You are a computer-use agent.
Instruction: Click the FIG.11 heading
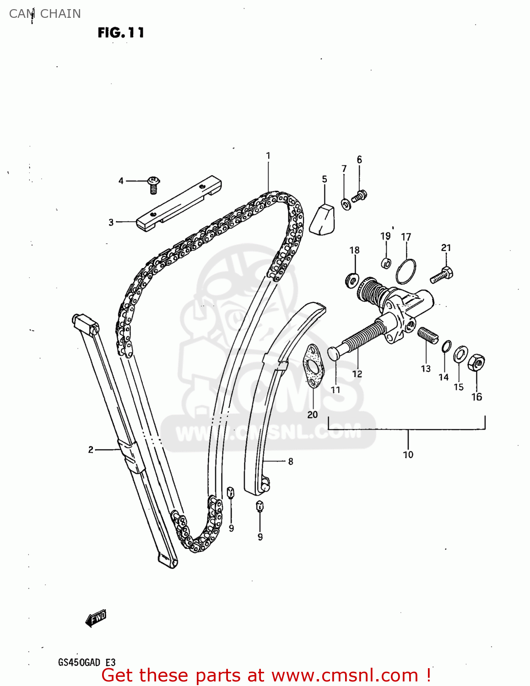121,32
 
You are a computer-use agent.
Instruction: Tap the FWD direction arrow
96,618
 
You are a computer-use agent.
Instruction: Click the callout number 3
111,222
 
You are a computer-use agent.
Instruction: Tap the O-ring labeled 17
406,271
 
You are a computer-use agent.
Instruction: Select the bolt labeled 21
442,275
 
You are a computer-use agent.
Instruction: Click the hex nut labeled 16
476,363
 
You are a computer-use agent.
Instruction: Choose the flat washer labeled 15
460,354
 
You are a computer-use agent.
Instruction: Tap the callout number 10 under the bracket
408,455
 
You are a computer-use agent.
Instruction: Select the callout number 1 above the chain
268,156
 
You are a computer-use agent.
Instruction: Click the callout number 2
91,450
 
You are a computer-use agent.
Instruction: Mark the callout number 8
291,461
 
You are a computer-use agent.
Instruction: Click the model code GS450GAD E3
87,662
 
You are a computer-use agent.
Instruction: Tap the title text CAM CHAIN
45,14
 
